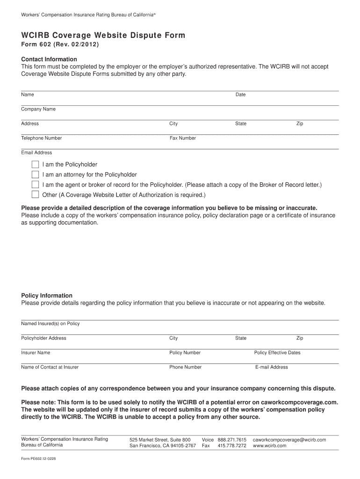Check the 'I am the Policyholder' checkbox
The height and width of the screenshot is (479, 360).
[35, 165]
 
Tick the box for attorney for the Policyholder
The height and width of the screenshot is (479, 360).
[35, 174]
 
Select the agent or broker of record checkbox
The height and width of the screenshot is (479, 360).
[35, 185]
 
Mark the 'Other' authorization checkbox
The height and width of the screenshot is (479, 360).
[35, 195]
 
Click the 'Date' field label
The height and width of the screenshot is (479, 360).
[240, 94]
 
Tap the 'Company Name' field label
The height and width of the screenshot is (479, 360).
[38, 109]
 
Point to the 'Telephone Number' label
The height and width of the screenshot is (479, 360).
[41, 138]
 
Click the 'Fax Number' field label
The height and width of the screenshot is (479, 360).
[182, 138]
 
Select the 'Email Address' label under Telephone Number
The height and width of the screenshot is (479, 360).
[36, 152]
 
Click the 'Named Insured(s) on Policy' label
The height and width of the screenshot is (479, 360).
[50, 324]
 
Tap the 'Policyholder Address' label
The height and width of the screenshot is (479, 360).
[43, 338]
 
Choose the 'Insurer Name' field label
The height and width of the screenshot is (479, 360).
[36, 353]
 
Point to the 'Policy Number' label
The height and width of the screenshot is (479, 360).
[185, 353]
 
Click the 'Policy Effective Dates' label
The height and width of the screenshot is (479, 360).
[277, 353]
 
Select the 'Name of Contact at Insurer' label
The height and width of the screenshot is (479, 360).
[50, 367]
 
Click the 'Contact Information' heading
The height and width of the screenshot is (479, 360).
[49, 59]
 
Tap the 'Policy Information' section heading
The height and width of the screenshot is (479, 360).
[47, 296]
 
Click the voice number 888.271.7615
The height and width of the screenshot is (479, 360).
[232, 440]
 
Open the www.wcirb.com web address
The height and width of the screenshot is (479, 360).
[269, 446]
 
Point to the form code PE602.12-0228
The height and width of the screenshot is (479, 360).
[39, 459]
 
